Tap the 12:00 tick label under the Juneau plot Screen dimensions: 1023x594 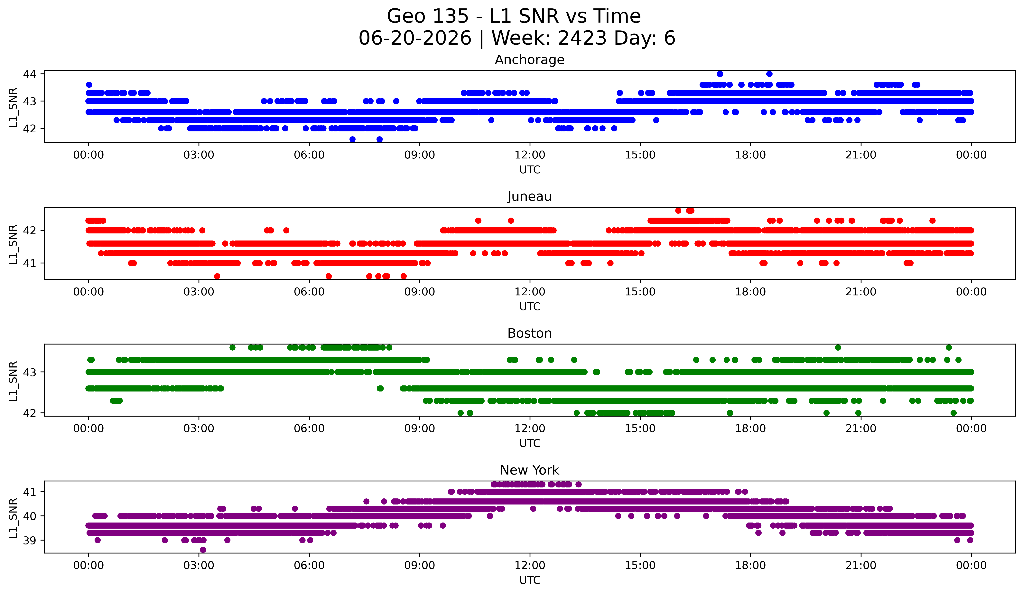[x=530, y=292]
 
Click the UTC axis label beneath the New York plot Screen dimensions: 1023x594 [x=530, y=580]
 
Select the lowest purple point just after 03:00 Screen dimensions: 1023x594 [x=203, y=550]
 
